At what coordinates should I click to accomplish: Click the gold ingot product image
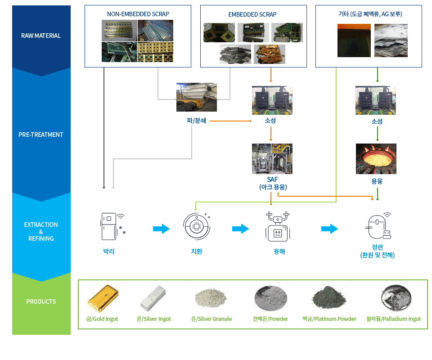[103, 299]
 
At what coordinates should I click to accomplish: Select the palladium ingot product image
[396, 298]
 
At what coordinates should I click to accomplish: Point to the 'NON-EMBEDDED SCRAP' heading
[138, 14]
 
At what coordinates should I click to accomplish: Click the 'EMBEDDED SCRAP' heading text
[252, 14]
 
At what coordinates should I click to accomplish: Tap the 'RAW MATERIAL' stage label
[41, 36]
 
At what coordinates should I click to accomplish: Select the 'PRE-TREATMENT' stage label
[41, 135]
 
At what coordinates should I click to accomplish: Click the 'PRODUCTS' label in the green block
[41, 301]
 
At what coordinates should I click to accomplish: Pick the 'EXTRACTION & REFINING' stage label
[41, 232]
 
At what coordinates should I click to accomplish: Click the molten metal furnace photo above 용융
[376, 159]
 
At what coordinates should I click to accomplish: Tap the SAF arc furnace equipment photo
[272, 159]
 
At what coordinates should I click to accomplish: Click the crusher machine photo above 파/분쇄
[197, 97]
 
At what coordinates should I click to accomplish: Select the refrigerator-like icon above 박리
[112, 226]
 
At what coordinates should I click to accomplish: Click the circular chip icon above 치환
[197, 226]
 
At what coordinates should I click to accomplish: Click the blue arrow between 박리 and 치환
[162, 229]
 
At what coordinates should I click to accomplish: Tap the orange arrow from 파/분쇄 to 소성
[230, 121]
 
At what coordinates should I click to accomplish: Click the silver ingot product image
[153, 298]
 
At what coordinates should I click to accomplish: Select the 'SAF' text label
[272, 179]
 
